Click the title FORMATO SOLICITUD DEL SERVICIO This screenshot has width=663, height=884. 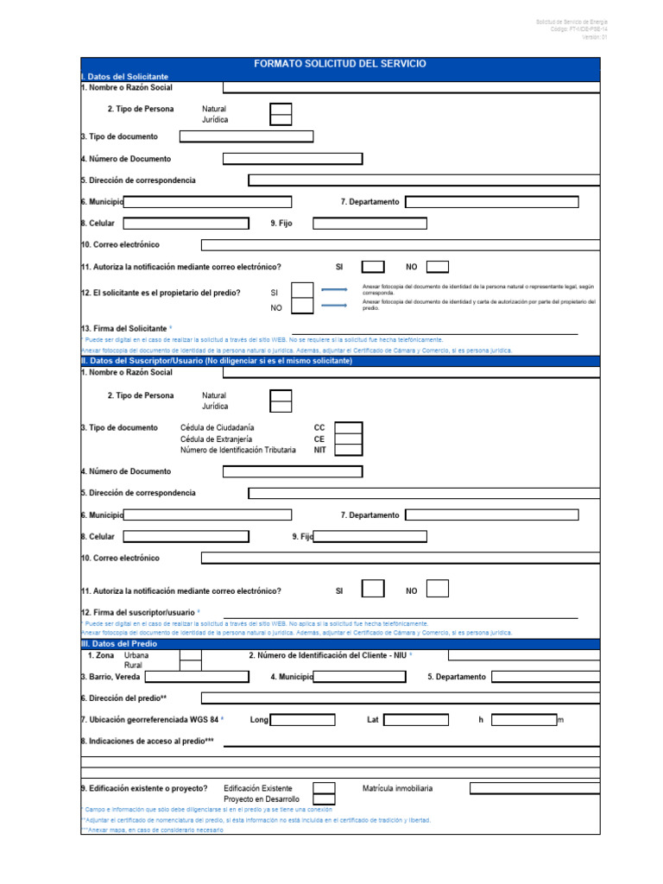click(339, 64)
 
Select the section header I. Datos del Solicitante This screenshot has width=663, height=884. click(124, 77)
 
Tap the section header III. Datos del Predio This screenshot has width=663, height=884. click(119, 643)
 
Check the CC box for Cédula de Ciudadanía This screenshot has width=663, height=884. click(348, 428)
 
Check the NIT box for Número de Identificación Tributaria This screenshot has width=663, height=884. click(348, 450)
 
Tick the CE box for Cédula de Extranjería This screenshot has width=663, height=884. click(348, 439)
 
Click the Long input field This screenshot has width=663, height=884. click(303, 720)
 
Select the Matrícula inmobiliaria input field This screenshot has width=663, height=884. click(534, 788)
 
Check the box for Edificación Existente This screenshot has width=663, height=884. click(324, 788)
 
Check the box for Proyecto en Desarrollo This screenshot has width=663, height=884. click(324, 799)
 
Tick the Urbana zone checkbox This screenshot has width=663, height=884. click(190, 655)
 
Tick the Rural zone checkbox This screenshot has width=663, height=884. click(190, 666)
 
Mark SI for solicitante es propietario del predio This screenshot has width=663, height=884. click(302, 292)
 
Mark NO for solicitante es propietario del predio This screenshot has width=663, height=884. click(302, 307)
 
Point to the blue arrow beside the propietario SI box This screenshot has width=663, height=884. click(334, 291)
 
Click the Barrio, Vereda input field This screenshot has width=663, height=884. click(203, 677)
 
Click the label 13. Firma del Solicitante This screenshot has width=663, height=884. click(124, 329)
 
